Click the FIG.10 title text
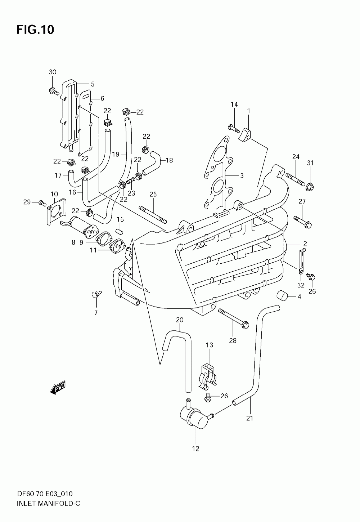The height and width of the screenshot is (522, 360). tap(35, 30)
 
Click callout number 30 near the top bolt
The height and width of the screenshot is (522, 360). tap(53, 72)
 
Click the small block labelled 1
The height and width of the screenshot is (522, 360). tap(244, 134)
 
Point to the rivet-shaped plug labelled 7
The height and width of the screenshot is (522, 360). tap(96, 294)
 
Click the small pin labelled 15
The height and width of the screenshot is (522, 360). tap(120, 232)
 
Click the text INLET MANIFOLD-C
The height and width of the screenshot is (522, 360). tap(49, 508)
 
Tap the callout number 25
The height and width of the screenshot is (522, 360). tap(153, 194)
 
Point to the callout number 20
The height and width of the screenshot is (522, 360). tap(180, 320)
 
